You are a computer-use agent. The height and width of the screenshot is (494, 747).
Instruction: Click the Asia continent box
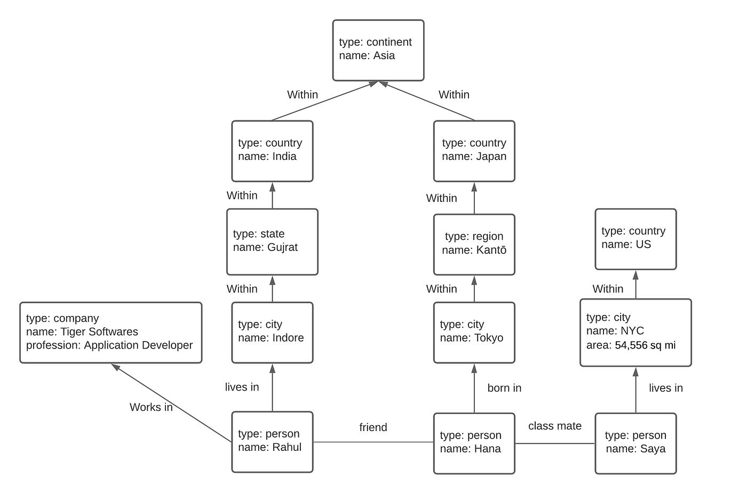coord(378,50)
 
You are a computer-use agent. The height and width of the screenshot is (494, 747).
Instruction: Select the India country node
coord(272,151)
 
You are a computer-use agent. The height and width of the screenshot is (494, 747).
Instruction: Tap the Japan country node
coord(474,151)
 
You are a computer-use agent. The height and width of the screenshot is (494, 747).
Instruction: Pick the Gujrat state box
coord(272,241)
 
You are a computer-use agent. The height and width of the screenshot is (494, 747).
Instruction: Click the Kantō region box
coord(474,244)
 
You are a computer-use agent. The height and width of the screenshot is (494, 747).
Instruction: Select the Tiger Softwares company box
coord(110,332)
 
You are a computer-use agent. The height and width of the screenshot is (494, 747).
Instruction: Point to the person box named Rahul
coord(272,441)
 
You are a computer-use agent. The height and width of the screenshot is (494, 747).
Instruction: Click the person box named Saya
coord(635,443)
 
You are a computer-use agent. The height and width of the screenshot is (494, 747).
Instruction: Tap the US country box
coord(635,239)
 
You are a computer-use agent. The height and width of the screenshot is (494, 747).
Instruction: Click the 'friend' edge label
coord(373,427)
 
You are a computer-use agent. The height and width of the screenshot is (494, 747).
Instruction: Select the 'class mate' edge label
coord(554,426)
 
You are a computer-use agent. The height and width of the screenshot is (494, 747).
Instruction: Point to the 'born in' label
coord(504,388)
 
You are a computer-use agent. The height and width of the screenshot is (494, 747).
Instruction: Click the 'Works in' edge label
coord(151,407)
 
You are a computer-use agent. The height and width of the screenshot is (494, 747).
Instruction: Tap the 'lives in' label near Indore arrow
coord(242,387)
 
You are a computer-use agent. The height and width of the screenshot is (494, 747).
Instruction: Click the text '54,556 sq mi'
coord(645,345)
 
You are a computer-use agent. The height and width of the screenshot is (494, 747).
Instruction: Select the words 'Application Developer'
coord(138,345)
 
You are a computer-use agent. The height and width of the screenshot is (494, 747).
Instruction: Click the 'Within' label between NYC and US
coord(608,289)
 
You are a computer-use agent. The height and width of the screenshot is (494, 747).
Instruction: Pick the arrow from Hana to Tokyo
coord(474,389)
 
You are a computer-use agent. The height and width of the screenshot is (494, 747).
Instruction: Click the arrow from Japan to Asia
coord(427,101)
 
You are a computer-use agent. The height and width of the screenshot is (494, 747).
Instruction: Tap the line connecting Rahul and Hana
coord(373,442)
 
